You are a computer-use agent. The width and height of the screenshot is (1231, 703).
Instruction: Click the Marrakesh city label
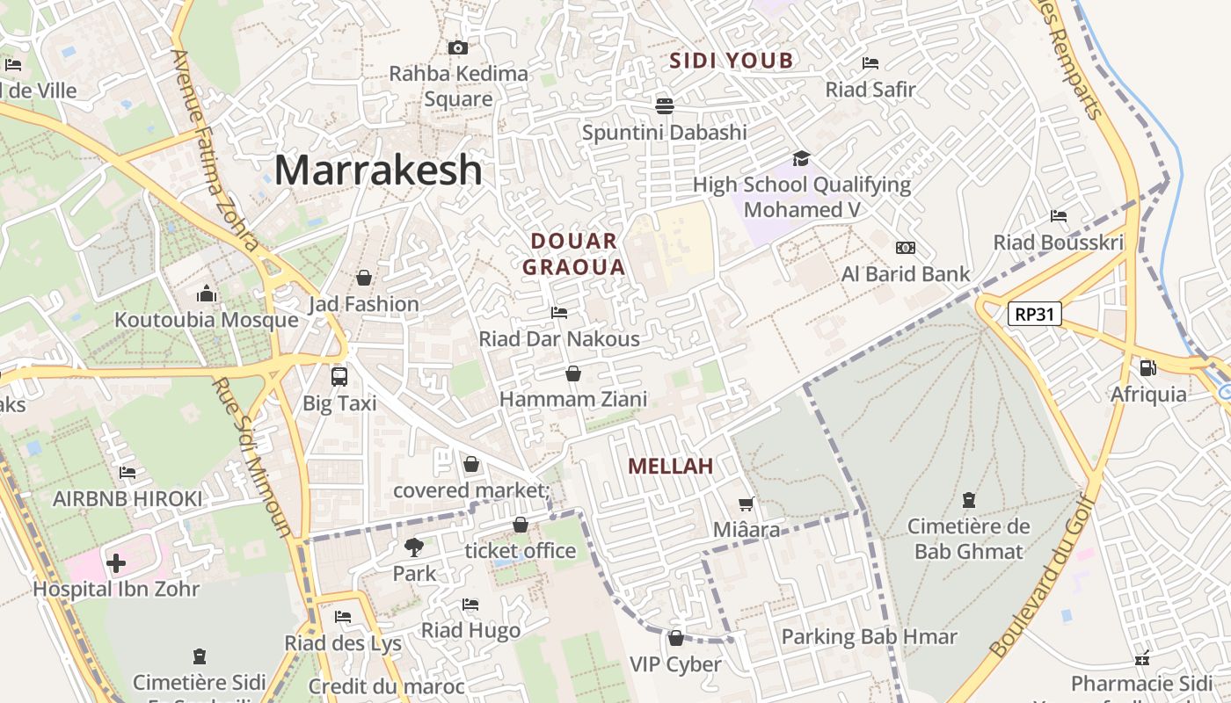point(378,170)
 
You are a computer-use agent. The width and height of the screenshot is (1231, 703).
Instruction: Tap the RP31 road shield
point(1036,314)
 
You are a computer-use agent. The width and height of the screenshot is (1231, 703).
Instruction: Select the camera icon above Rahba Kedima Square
point(458,47)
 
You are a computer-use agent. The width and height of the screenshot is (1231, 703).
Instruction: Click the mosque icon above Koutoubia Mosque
point(207,293)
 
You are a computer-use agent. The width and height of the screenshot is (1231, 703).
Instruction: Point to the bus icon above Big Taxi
point(339,377)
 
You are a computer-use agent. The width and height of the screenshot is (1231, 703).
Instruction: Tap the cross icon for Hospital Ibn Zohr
point(115,562)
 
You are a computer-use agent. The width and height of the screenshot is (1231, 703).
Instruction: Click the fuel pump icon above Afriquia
point(1147,368)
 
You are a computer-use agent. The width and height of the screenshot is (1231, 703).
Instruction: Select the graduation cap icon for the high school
point(801,158)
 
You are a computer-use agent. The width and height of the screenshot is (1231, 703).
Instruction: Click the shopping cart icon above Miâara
point(747,504)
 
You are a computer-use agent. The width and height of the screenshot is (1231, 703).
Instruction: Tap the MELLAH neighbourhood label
point(670,467)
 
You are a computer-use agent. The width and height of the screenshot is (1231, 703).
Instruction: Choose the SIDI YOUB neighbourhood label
point(732,61)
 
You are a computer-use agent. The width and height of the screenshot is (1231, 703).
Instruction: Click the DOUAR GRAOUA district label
point(574,254)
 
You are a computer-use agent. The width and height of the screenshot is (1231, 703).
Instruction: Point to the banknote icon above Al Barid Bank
point(905,248)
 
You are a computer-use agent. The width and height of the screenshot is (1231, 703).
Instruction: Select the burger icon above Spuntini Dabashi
point(665,105)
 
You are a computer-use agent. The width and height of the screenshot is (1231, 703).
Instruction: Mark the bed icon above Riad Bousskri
point(1059,216)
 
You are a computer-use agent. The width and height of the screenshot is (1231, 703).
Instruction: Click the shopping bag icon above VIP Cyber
point(676,638)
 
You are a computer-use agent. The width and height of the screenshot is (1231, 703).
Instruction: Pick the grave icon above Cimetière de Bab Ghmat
point(969,500)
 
